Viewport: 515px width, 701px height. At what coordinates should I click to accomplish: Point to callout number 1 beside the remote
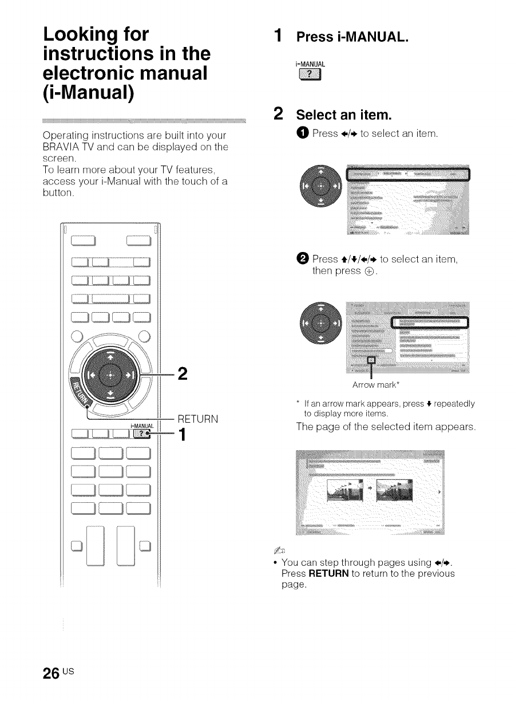[x=183, y=436]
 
